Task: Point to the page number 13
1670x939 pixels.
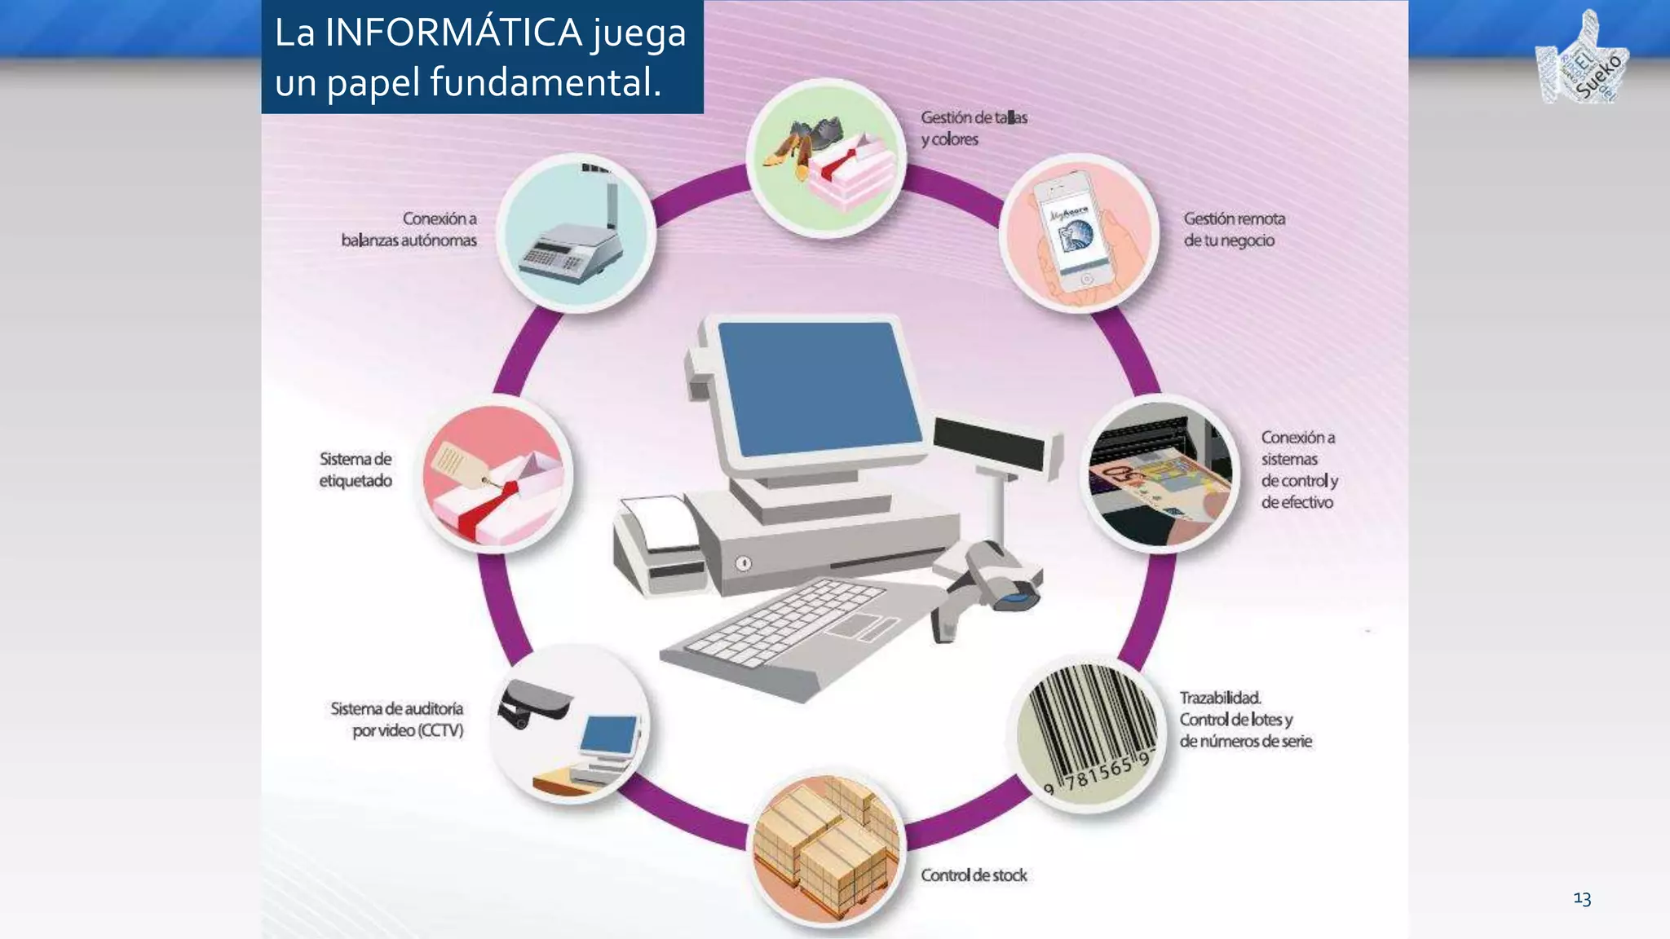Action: [x=1582, y=898]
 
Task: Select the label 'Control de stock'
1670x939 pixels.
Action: [x=974, y=875]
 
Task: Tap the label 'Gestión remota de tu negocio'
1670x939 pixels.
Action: [x=1234, y=229]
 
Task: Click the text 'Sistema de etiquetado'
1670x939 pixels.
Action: [x=356, y=469]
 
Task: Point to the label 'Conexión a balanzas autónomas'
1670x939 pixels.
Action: [x=409, y=229]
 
